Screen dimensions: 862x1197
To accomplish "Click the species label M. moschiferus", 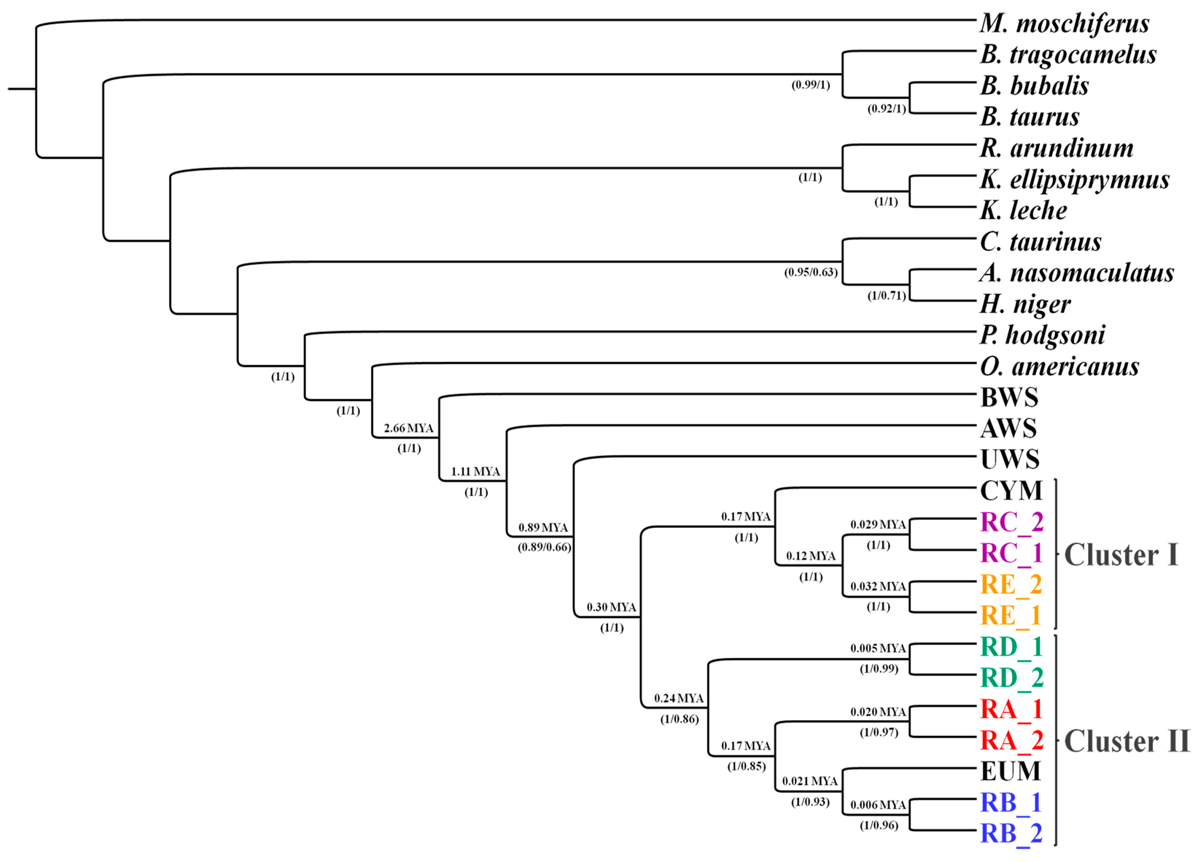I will [1064, 24].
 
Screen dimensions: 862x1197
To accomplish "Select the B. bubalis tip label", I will [1034, 86].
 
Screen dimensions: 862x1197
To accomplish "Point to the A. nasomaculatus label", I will [1077, 273].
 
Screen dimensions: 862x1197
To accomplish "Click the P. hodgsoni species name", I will [1042, 335].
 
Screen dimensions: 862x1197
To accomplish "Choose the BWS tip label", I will [1009, 398].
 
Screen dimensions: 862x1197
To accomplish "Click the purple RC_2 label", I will [1011, 522].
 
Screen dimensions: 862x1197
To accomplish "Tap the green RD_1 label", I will [1011, 647].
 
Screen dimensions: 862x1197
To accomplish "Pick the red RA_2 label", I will [1011, 740].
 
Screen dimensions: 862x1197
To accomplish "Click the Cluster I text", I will [1121, 555].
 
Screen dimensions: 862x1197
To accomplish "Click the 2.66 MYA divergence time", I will [408, 428].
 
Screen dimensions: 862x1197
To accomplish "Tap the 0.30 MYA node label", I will [611, 607].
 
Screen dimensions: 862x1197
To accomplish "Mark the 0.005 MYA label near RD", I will [878, 648].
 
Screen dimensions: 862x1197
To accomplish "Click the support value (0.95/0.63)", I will [811, 273].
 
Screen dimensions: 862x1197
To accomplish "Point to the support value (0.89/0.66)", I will [544, 547].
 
